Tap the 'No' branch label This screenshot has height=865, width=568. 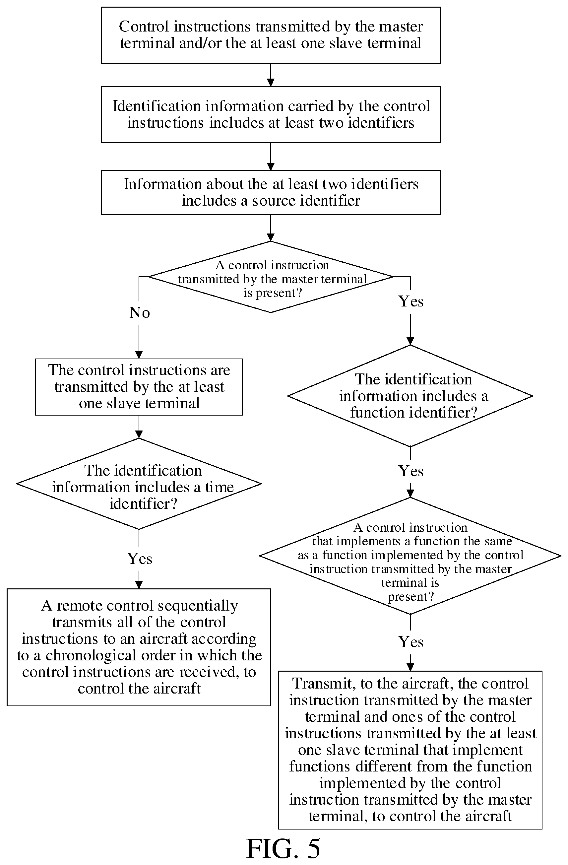click(x=140, y=312)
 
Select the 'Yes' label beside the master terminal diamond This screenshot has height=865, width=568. click(x=410, y=301)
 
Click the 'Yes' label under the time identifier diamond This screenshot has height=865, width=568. click(x=140, y=558)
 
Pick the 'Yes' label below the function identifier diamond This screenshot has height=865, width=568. click(x=410, y=471)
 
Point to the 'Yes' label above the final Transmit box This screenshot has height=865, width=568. click(x=410, y=642)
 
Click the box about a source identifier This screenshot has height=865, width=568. click(x=271, y=192)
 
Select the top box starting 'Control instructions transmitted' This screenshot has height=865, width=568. click(x=271, y=35)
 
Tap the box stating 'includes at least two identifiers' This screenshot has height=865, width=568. click(x=271, y=114)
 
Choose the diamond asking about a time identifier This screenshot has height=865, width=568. click(x=139, y=484)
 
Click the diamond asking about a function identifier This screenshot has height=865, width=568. click(x=410, y=396)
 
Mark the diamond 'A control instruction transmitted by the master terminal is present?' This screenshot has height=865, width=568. click(x=271, y=277)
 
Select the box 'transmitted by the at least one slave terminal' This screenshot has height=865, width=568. click(x=139, y=387)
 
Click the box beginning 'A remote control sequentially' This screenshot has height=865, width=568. click(x=139, y=647)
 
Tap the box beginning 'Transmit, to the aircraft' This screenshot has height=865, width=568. click(x=410, y=750)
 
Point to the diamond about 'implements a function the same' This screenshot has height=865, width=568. click(x=410, y=556)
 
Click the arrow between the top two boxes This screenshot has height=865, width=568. click(x=271, y=75)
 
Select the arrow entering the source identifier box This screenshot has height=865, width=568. click(x=271, y=157)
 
